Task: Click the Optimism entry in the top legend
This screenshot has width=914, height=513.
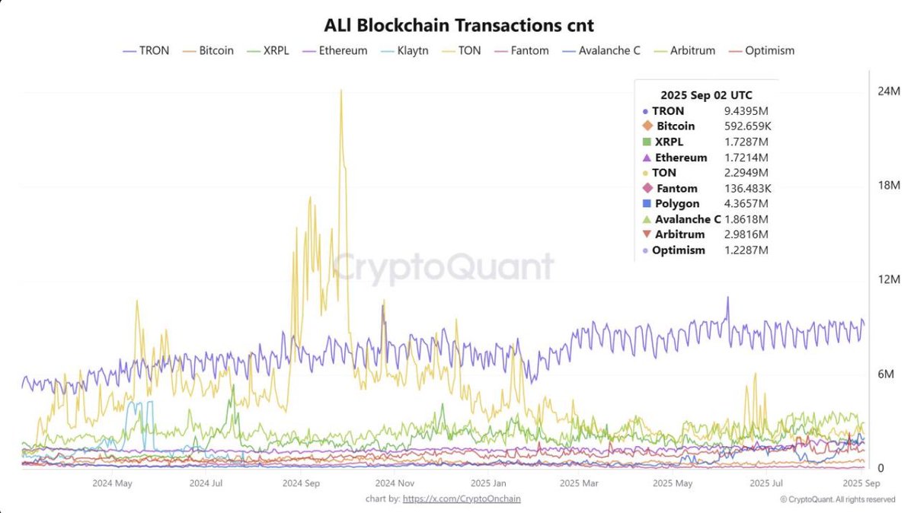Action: (x=768, y=51)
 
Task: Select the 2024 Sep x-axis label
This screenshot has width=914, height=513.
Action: (x=302, y=483)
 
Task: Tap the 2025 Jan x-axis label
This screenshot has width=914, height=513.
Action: (x=488, y=483)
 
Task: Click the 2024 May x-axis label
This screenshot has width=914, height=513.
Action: (x=112, y=483)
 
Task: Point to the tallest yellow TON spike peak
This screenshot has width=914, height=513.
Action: (x=340, y=91)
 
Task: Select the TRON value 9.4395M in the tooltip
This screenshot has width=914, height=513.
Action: (x=746, y=111)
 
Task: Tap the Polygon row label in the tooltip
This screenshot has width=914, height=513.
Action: (x=676, y=204)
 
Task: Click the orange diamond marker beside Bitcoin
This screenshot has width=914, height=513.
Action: (x=647, y=126)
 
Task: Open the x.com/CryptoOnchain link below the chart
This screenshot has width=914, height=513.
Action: (x=462, y=499)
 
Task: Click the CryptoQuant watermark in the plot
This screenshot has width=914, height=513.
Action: (x=444, y=268)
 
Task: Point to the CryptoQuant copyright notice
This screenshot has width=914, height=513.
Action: (x=837, y=499)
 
